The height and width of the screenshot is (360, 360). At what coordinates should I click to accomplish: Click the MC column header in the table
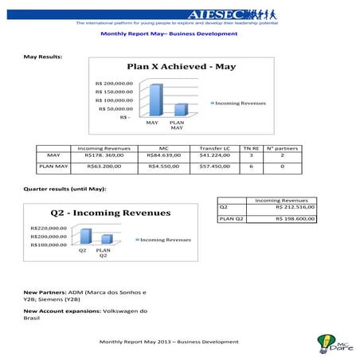click(164, 148)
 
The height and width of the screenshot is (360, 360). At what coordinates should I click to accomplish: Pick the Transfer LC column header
click(214, 148)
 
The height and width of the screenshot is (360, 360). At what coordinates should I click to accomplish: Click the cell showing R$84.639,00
click(164, 156)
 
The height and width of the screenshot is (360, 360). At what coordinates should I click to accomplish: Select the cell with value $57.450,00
click(214, 167)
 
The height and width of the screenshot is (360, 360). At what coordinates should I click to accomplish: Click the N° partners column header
click(282, 148)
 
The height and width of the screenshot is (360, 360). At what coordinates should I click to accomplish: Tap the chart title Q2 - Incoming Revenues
click(111, 213)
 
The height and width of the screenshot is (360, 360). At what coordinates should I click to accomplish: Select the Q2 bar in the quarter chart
click(85, 235)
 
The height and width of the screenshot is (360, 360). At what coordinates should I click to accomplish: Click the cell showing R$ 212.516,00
click(295, 207)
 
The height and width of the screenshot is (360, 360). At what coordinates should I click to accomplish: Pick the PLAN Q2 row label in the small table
click(231, 217)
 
